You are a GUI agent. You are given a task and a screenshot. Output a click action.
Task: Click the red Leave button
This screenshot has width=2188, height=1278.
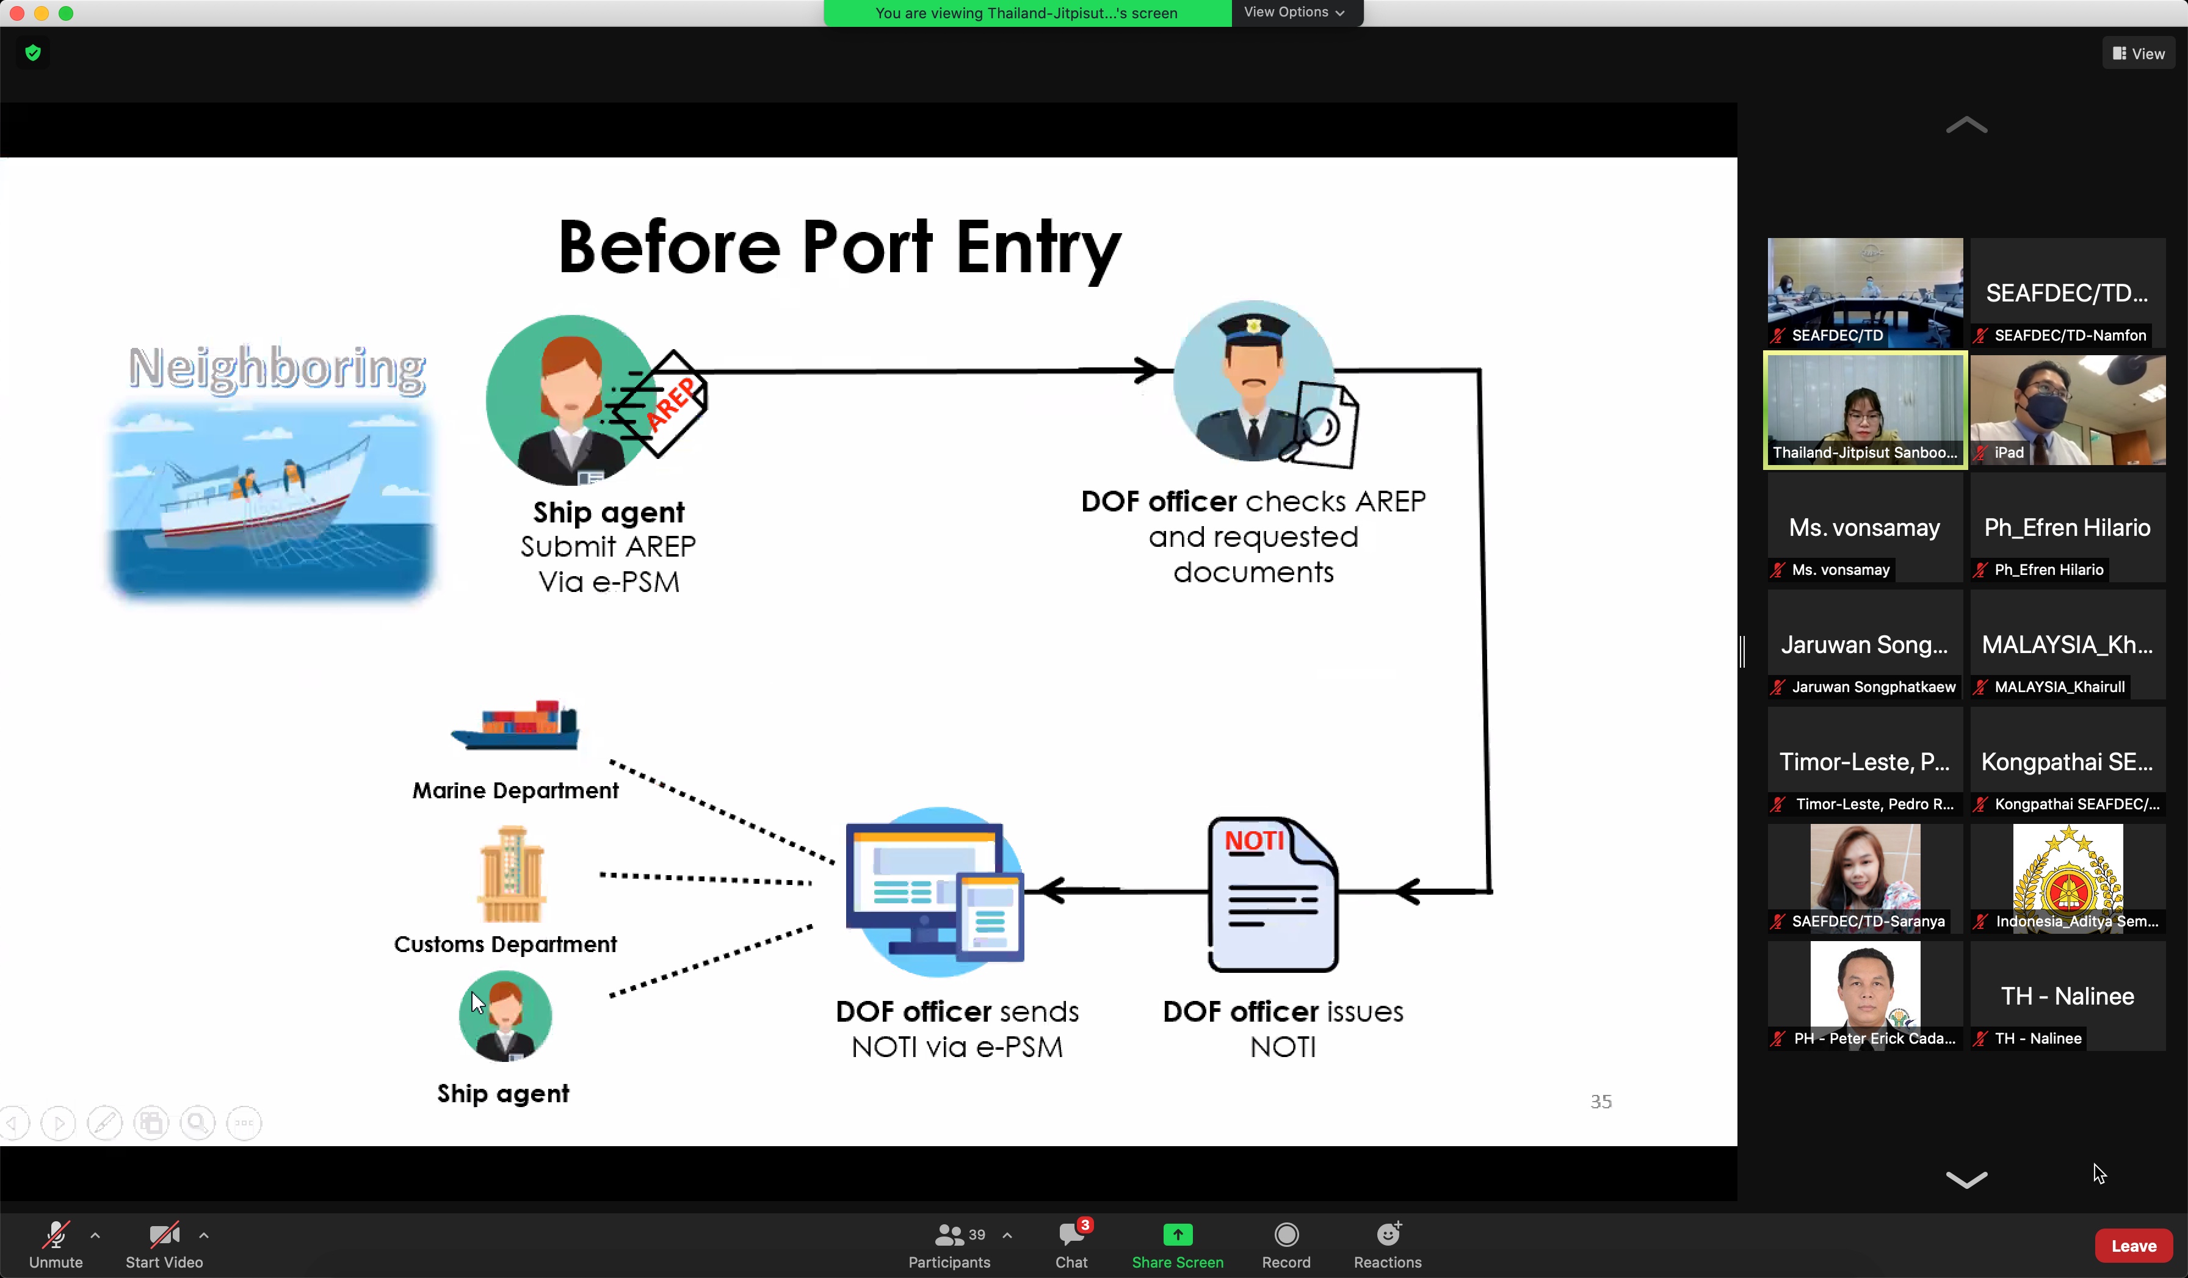[2132, 1245]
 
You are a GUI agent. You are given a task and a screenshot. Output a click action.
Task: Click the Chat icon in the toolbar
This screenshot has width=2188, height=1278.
[1071, 1235]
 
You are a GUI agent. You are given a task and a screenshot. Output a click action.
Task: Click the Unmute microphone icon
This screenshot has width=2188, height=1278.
[56, 1235]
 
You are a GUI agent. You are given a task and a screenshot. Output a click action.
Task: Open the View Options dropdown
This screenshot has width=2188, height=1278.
[1294, 12]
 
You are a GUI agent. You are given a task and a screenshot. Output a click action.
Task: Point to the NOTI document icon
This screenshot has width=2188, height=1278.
[1272, 894]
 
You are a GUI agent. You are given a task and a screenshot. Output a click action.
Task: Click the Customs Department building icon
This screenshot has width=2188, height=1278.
[512, 875]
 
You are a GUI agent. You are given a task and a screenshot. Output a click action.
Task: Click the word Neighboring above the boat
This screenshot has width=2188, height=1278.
[276, 367]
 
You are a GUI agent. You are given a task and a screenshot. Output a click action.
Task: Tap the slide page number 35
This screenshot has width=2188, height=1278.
[1600, 1101]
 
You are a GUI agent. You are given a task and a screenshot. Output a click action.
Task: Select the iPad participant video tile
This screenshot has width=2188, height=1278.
[2067, 410]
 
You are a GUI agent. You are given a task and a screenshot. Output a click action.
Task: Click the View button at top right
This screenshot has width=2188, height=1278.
[2138, 54]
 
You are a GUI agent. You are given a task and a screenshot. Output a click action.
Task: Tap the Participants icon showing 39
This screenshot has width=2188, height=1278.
[949, 1235]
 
